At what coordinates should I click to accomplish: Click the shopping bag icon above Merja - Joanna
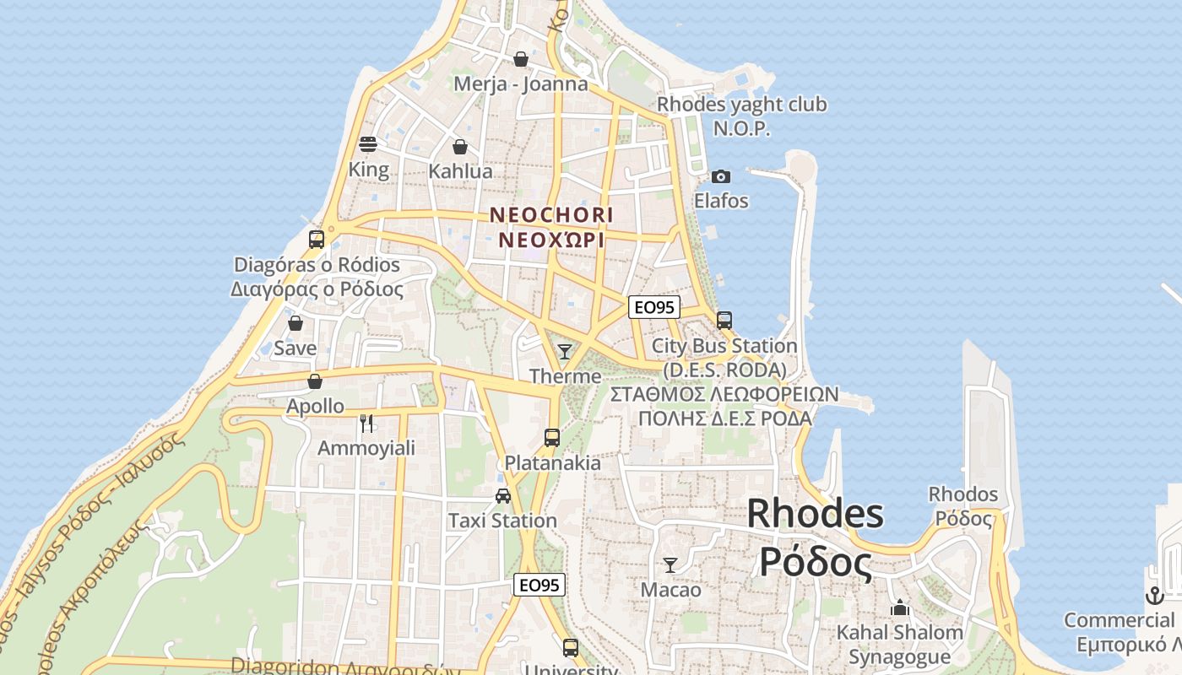click(x=521, y=59)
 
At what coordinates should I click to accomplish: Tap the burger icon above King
click(x=368, y=144)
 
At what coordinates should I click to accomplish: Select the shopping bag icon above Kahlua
click(x=460, y=147)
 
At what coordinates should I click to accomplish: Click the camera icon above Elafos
click(x=721, y=176)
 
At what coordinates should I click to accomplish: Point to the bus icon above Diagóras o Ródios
click(x=317, y=240)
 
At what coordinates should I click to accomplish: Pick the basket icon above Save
click(x=295, y=323)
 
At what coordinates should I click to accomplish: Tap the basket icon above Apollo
click(x=315, y=381)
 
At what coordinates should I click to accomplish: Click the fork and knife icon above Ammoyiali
click(x=366, y=423)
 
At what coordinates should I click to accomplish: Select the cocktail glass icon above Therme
click(x=565, y=351)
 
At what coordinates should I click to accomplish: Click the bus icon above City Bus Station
click(x=724, y=321)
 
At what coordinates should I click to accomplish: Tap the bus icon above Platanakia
click(x=552, y=438)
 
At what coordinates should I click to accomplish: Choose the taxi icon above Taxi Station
click(x=503, y=495)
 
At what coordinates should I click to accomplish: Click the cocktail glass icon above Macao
click(x=670, y=564)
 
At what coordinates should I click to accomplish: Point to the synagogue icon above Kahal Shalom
click(x=900, y=607)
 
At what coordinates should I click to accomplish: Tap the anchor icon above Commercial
click(x=1154, y=596)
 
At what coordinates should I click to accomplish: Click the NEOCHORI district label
click(x=551, y=215)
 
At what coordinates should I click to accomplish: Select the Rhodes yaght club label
click(x=742, y=105)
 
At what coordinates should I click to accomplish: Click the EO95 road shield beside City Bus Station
click(x=654, y=307)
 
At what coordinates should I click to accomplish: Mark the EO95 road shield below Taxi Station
click(x=539, y=585)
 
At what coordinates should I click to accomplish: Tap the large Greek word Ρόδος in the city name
click(x=816, y=560)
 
